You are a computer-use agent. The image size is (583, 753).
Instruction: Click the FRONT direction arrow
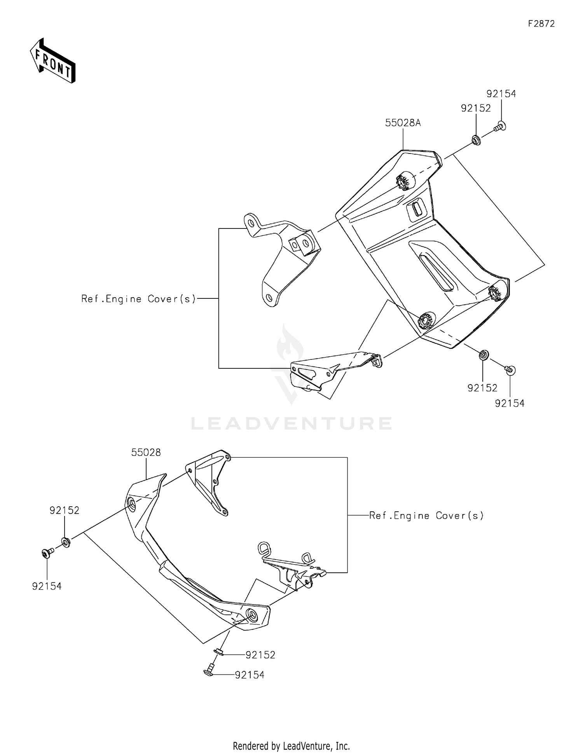[52, 61]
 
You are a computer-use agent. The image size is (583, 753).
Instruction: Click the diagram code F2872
[541, 24]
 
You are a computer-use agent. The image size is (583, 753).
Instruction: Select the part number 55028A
[403, 123]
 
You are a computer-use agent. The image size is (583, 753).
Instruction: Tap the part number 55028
[146, 452]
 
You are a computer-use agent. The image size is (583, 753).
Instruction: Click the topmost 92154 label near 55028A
[501, 94]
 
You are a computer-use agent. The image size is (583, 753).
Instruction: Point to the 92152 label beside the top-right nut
[476, 108]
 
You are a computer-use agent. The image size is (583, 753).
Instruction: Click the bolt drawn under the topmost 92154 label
[500, 126]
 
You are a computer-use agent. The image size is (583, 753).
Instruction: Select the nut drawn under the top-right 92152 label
[475, 139]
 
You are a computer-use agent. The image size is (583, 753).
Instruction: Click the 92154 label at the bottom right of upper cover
[510, 403]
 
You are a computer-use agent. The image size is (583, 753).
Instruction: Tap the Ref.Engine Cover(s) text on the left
[138, 299]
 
